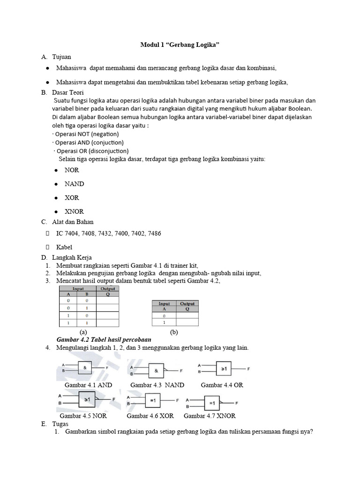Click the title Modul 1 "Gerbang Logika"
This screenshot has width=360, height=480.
[x=180, y=45]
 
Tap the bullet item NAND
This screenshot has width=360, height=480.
[x=74, y=184]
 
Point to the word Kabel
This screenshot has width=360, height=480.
[x=65, y=247]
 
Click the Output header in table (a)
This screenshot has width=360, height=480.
[x=108, y=289]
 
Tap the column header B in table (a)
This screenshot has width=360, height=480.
[x=86, y=294]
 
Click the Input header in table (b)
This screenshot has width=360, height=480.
[x=164, y=304]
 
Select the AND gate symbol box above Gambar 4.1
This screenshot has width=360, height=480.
[x=85, y=368]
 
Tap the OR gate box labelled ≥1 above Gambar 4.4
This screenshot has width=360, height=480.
[x=224, y=369]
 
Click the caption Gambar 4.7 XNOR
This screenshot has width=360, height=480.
[x=210, y=416]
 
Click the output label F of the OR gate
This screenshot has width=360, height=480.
[x=249, y=369]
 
